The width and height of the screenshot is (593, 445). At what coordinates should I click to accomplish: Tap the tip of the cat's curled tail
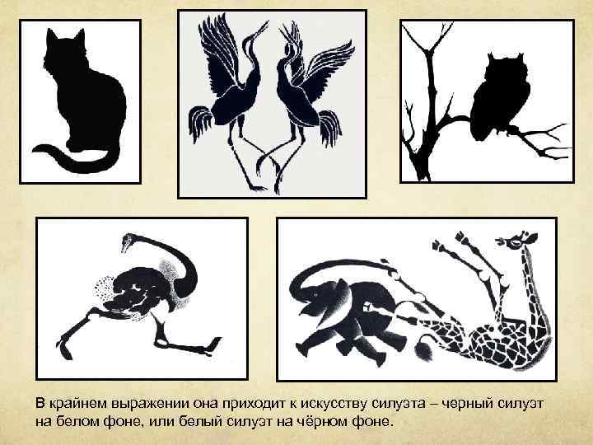[35, 149]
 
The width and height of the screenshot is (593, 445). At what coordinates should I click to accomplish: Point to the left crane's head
[263, 26]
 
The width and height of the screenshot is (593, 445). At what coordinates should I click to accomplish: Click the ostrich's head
[126, 241]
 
